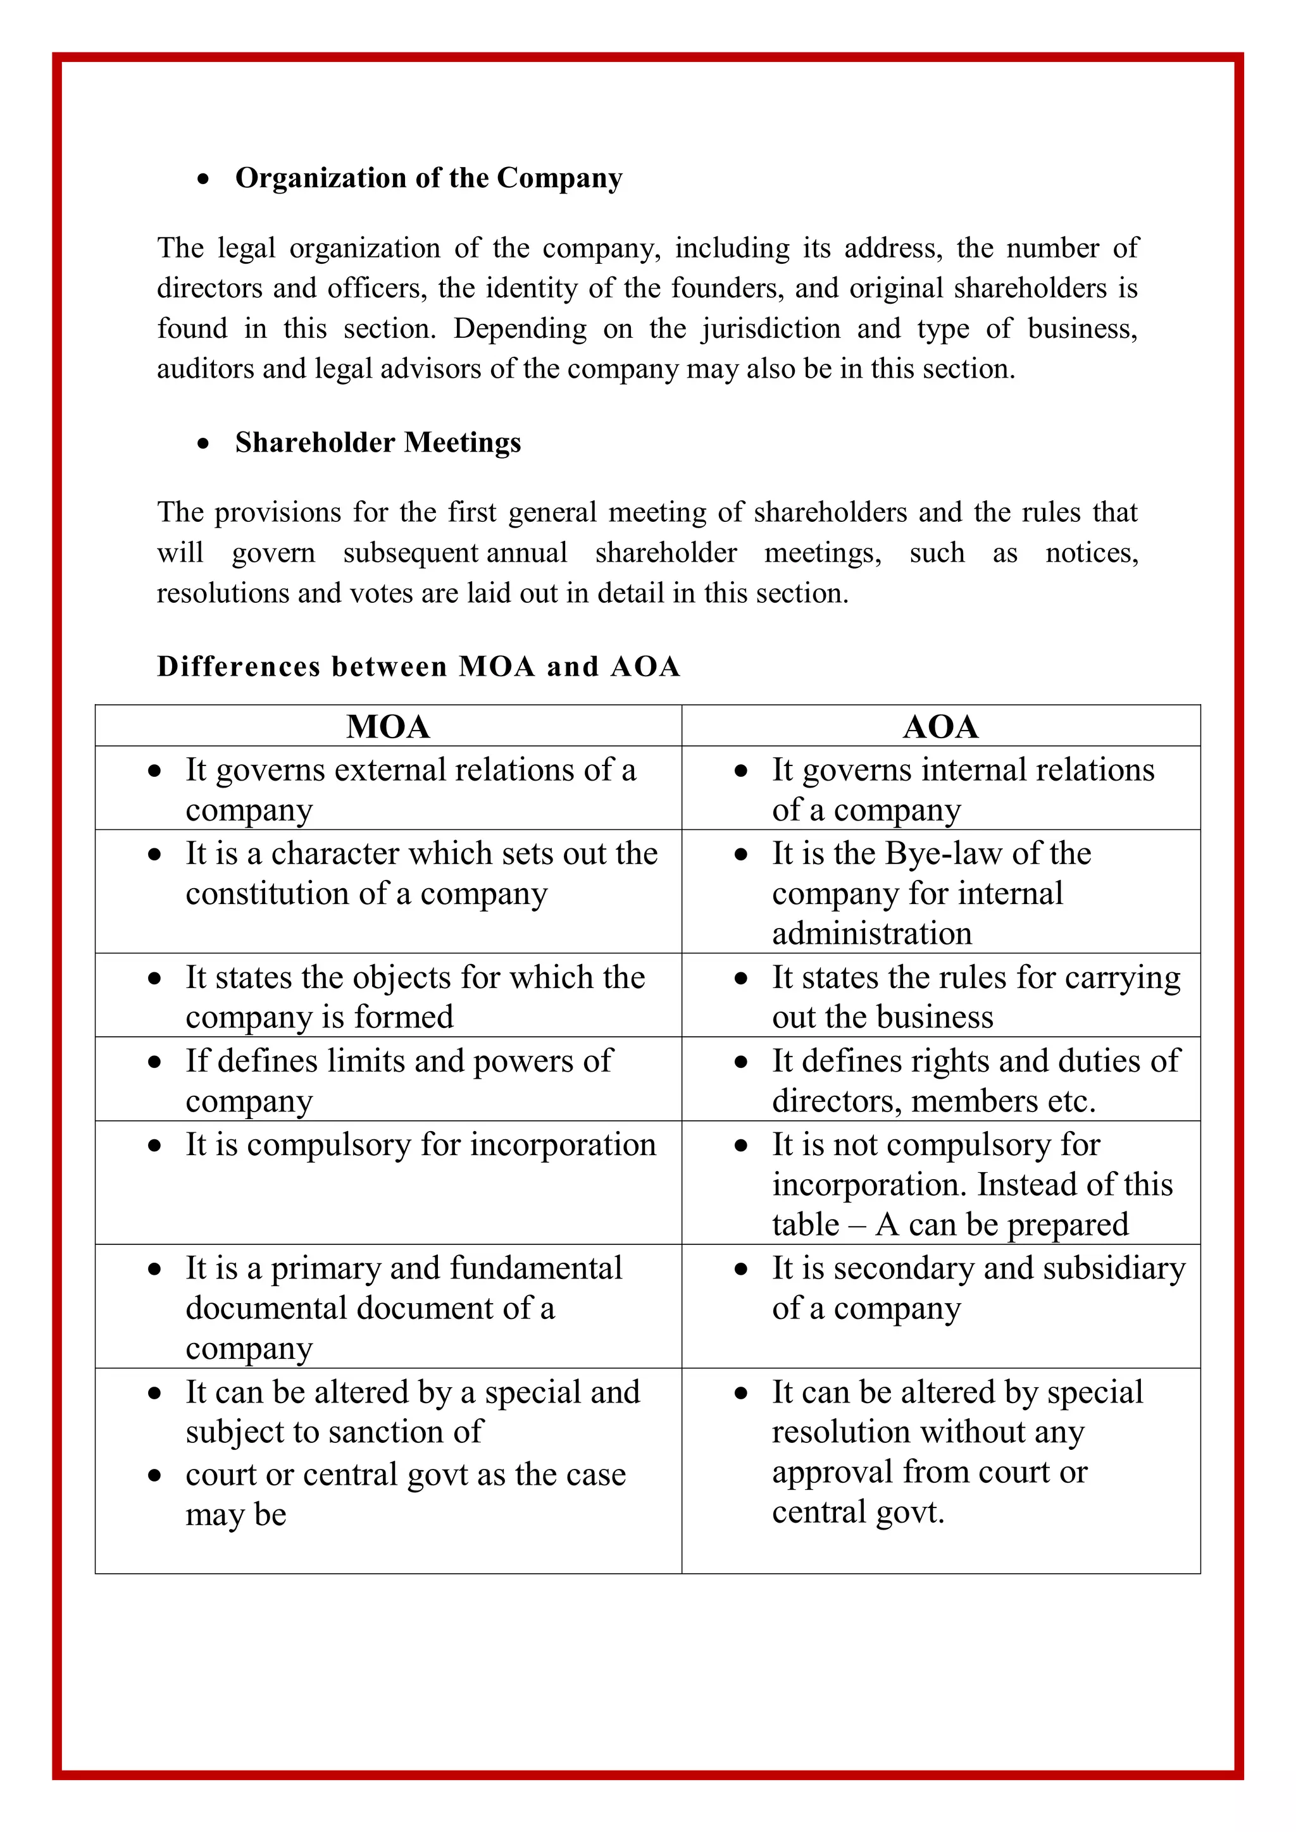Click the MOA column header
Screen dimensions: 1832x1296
pos(388,727)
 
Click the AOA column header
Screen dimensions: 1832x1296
pos(940,727)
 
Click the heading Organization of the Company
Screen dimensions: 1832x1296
pos(428,178)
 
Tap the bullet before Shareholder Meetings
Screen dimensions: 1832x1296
pos(204,443)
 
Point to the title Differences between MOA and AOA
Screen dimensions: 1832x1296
pos(418,666)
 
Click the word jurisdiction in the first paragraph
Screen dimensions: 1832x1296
pos(771,329)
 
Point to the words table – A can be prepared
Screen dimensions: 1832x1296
pos(950,1225)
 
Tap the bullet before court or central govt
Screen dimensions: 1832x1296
pos(155,1476)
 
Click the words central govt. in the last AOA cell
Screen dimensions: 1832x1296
pos(858,1512)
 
